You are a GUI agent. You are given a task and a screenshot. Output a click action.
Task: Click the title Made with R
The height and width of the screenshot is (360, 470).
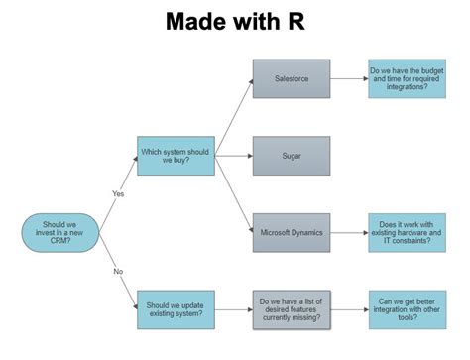tap(234, 21)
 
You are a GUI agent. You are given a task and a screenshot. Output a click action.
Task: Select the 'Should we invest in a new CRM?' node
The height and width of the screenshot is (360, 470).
tap(57, 233)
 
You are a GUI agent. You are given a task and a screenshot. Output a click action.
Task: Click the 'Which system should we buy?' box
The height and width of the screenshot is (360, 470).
tap(176, 156)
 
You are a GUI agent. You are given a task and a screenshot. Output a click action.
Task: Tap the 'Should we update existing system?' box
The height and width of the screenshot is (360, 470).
tap(176, 308)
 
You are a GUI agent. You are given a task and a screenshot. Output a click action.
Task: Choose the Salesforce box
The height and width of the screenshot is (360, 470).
tap(291, 78)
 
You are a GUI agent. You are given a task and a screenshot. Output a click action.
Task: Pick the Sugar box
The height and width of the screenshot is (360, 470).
tap(291, 156)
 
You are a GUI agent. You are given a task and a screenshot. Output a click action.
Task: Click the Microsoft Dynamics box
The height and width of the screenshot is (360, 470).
tap(291, 233)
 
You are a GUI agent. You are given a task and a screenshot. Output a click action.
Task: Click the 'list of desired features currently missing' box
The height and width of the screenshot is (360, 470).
tap(291, 308)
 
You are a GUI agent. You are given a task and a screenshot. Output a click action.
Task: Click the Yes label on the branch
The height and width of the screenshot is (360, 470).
tap(117, 194)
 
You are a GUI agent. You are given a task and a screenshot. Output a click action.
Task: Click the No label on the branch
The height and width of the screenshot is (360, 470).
tap(117, 270)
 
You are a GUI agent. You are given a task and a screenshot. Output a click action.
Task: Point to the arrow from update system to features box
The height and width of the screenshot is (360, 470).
tap(234, 308)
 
